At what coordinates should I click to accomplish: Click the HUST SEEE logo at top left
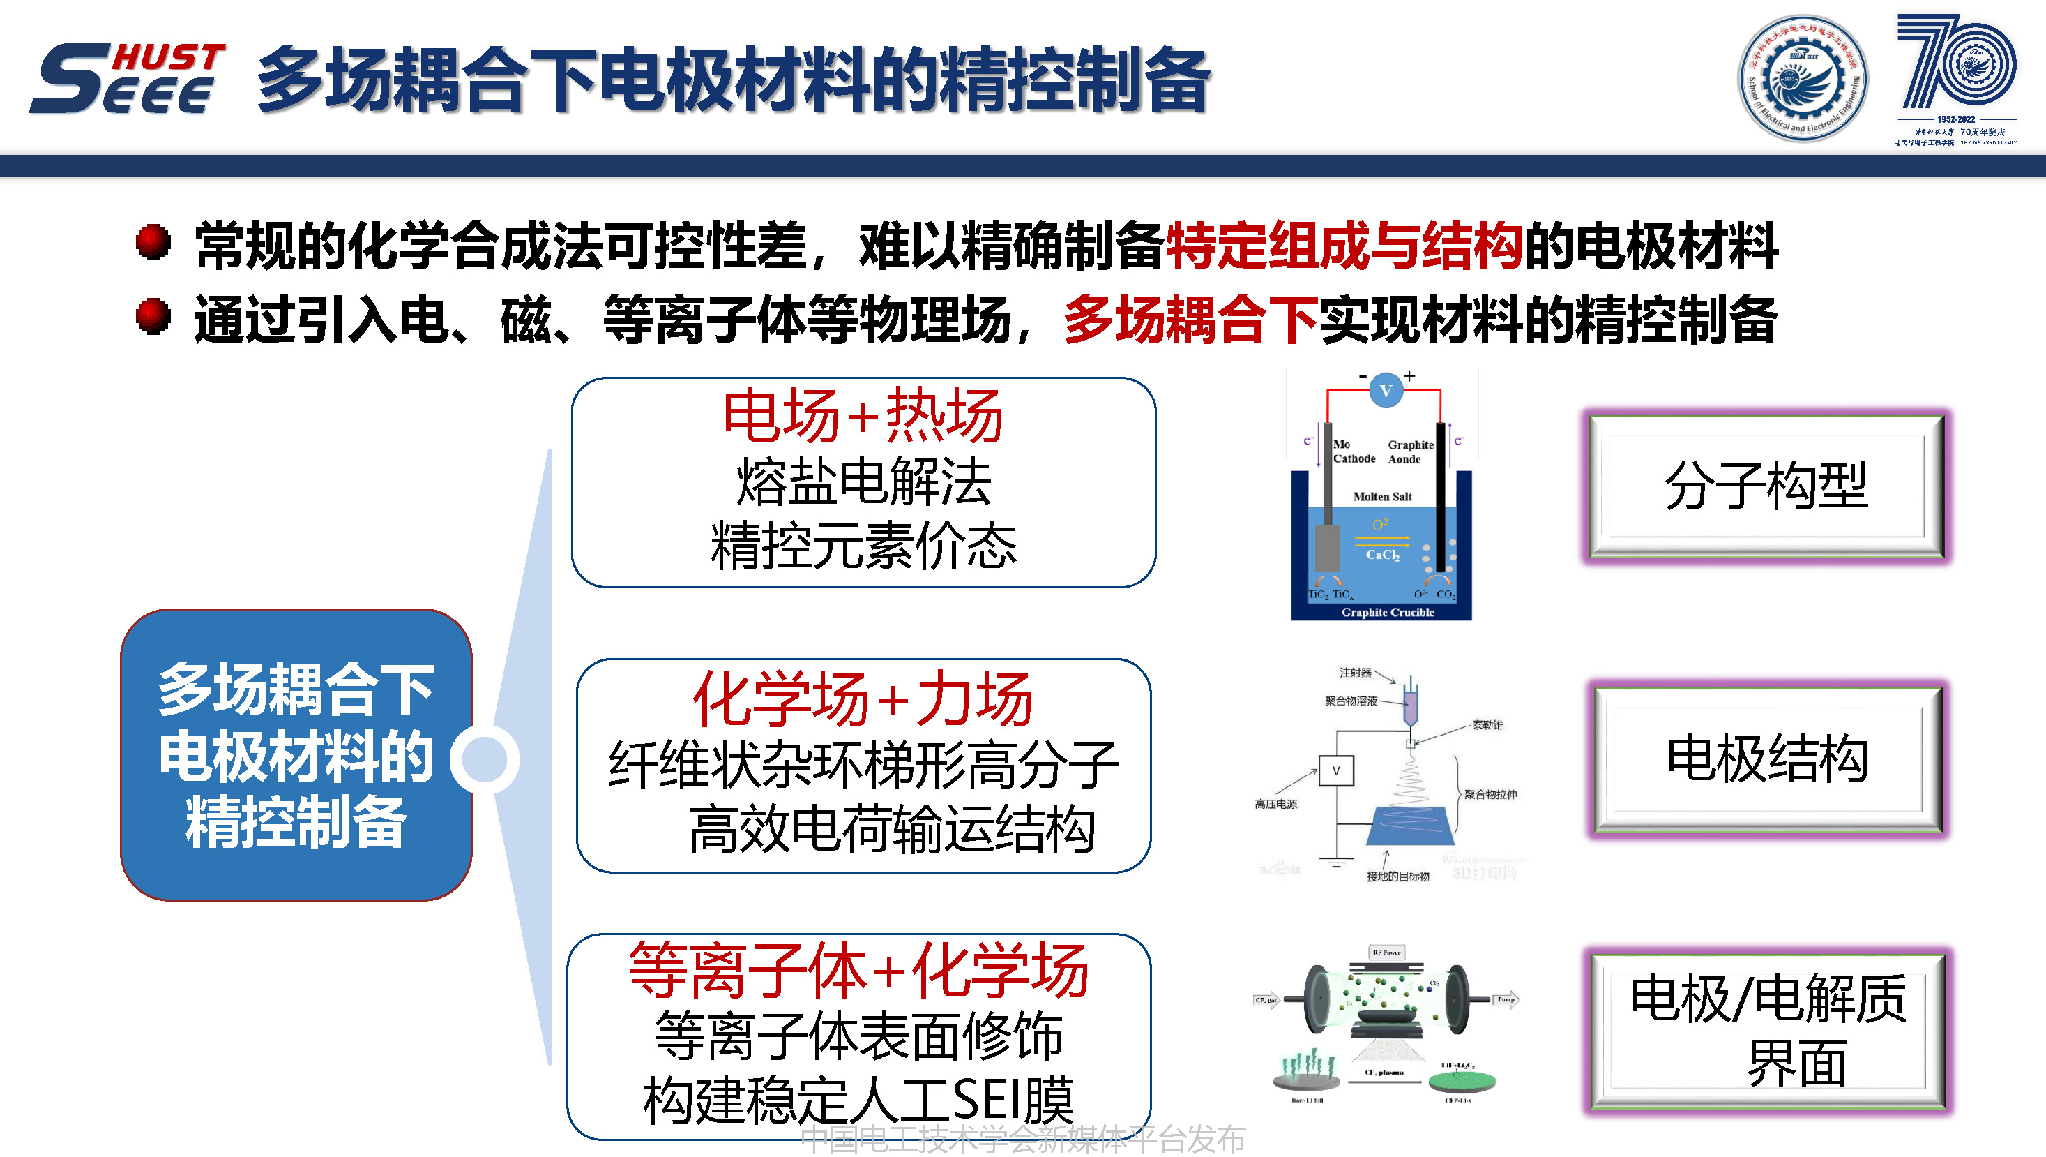click(127, 78)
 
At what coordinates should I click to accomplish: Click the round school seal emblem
click(1803, 78)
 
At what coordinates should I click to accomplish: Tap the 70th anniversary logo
click(1955, 78)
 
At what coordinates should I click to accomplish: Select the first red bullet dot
click(153, 241)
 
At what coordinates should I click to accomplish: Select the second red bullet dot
click(153, 315)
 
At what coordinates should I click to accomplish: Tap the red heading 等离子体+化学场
click(858, 971)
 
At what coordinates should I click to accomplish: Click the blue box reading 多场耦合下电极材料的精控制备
click(296, 755)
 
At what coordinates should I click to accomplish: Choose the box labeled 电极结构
click(1766, 759)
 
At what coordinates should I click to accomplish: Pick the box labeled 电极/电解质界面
click(1768, 1030)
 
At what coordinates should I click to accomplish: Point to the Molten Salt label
click(1382, 497)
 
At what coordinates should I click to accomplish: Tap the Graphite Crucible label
click(1388, 612)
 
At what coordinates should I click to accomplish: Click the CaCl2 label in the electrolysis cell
click(1382, 555)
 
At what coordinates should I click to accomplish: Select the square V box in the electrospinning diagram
click(1336, 770)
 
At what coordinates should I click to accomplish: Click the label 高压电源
click(1275, 804)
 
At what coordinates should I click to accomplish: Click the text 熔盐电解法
click(863, 482)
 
